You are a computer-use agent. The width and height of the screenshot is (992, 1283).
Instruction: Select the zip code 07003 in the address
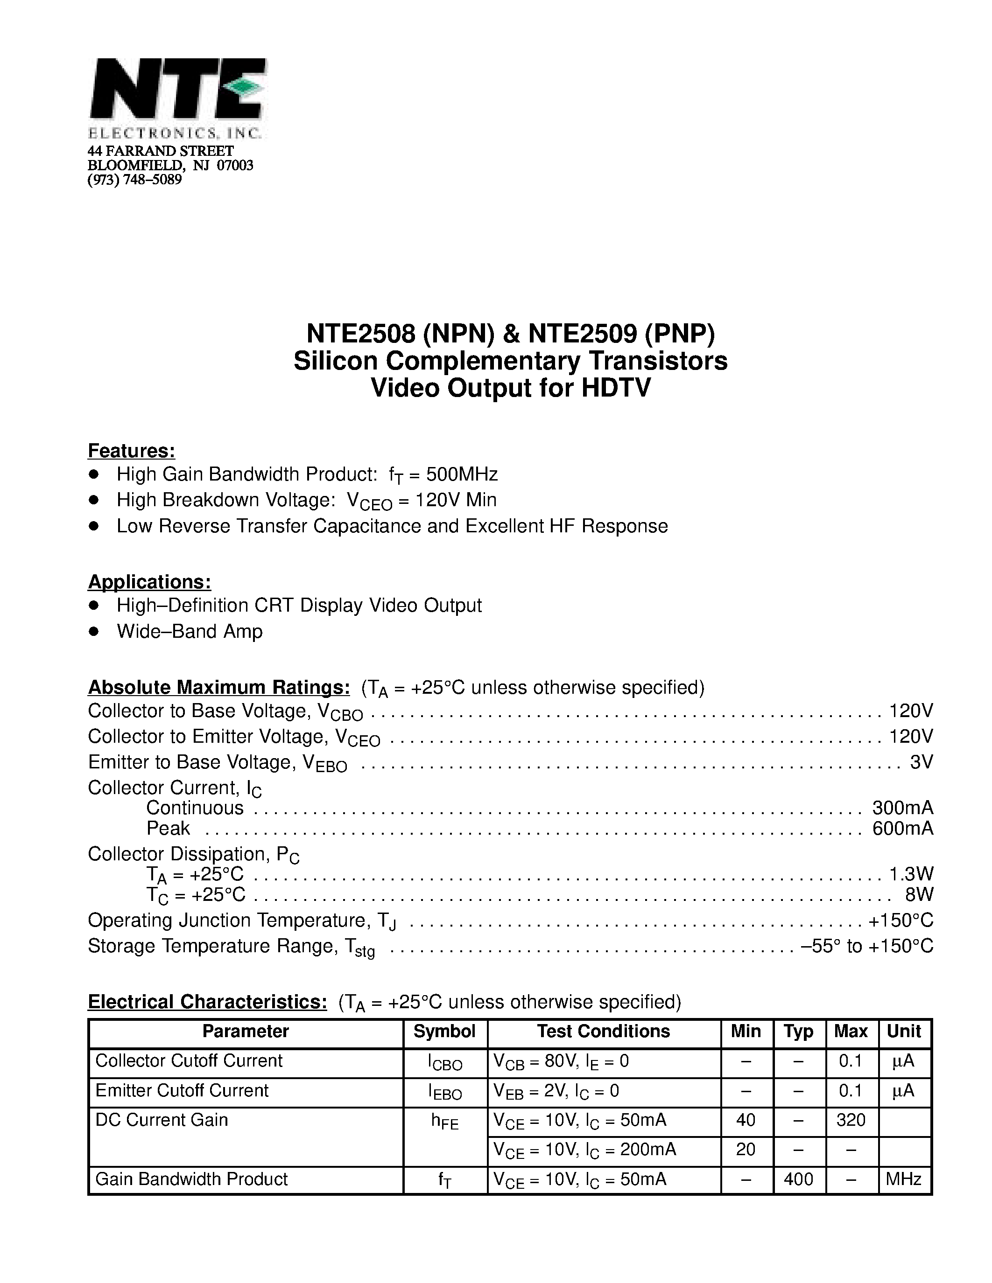click(x=235, y=166)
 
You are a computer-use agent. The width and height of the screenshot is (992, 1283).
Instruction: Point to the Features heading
click(x=132, y=451)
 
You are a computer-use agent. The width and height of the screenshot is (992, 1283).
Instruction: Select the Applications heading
click(x=149, y=582)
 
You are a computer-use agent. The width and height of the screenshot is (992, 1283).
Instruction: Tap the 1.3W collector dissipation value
click(x=911, y=874)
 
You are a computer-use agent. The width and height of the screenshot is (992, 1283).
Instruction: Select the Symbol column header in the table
click(x=444, y=1032)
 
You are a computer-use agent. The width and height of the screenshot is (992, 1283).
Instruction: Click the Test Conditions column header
click(x=603, y=1032)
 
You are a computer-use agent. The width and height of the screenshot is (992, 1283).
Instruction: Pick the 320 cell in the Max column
click(x=851, y=1120)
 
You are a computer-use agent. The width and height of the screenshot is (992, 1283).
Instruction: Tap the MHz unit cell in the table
click(x=903, y=1179)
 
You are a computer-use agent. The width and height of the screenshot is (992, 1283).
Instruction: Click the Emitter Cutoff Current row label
click(x=182, y=1090)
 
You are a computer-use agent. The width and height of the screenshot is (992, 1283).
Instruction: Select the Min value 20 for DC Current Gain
click(x=745, y=1149)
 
